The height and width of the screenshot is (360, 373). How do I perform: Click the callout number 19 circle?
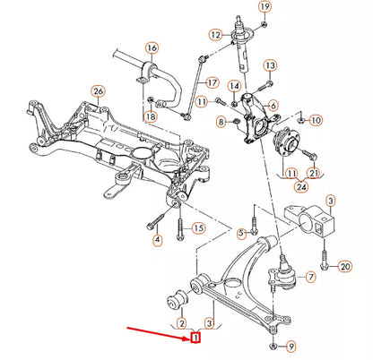point(265,7)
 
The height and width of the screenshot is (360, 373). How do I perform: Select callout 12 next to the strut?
point(216,35)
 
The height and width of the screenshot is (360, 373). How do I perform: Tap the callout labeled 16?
point(151,47)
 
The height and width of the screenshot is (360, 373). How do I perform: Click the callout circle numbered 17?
point(213,82)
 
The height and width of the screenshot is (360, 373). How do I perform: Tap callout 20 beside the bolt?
point(345,267)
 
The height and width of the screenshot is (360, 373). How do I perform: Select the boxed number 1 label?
point(194,339)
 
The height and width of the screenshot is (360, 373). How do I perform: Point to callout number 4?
point(156,239)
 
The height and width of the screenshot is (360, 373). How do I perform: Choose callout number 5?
point(240,234)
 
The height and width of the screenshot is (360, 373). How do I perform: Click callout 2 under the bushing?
point(181,322)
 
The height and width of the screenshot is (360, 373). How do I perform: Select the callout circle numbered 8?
point(221,120)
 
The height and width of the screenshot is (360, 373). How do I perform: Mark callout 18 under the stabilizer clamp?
point(150,116)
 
